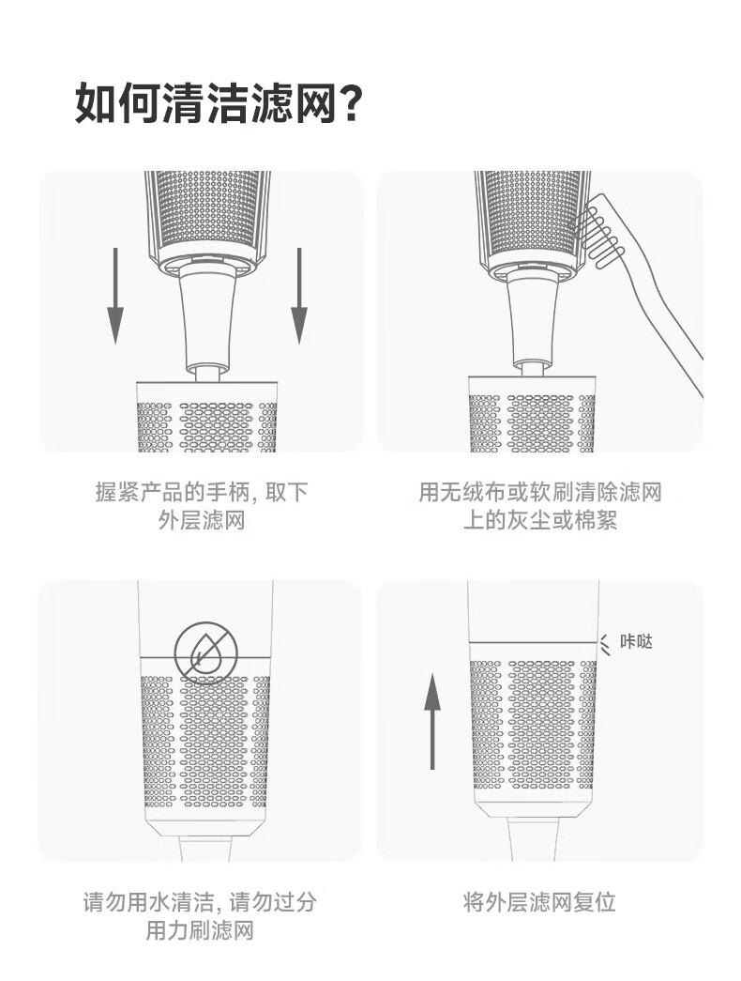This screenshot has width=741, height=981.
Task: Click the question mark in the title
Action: click(349, 102)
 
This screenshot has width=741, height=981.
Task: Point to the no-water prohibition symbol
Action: click(206, 652)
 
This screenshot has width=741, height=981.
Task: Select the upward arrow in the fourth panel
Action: click(432, 721)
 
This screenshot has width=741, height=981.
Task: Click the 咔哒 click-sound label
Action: click(635, 641)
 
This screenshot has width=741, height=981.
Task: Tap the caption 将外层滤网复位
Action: click(539, 902)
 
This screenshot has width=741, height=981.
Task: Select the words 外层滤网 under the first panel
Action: click(202, 520)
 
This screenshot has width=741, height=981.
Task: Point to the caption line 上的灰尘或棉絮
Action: click(539, 520)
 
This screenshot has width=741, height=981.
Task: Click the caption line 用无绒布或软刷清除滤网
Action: click(539, 492)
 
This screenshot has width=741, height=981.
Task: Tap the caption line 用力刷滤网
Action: click(200, 929)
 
